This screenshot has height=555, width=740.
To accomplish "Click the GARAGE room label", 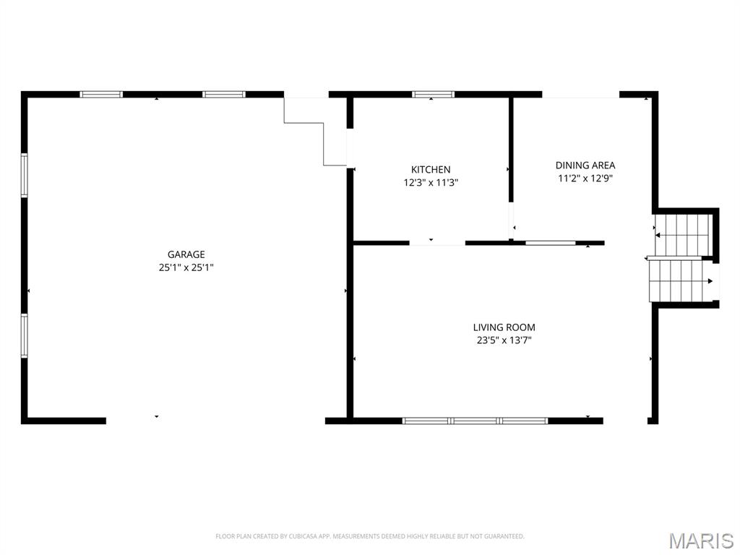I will [x=186, y=254].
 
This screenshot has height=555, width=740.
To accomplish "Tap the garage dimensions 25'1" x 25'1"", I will [x=186, y=267].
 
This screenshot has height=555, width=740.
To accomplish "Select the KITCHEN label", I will [x=431, y=170].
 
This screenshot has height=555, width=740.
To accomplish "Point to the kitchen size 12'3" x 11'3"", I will [x=431, y=183].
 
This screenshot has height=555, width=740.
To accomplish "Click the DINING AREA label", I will [x=585, y=165].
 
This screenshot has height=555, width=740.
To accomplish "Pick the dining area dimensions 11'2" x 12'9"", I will [x=585, y=178].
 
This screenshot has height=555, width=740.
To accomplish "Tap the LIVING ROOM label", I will [x=504, y=327].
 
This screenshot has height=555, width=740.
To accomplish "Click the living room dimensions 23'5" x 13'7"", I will [x=504, y=340].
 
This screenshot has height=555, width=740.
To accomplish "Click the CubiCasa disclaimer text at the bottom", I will [x=369, y=536].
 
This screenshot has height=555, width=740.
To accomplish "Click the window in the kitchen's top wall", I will [x=434, y=94].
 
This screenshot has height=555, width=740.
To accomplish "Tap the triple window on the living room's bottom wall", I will [x=475, y=420].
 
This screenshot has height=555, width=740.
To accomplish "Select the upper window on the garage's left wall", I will [x=24, y=175].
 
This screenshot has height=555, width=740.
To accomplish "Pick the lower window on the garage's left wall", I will [x=24, y=335].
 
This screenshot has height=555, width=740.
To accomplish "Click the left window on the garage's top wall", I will [x=101, y=94].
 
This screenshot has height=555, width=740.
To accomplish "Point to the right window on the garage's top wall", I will [x=224, y=94].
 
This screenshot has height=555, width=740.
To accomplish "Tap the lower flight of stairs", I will [x=676, y=280].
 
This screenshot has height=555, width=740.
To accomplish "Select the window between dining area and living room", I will [x=551, y=243].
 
